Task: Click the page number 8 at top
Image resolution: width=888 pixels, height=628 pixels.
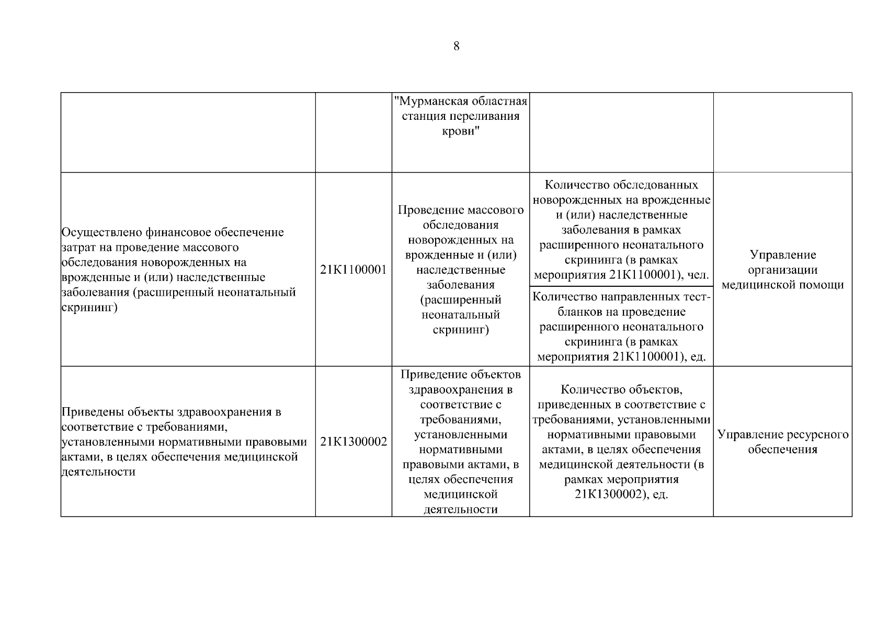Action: click(x=456, y=46)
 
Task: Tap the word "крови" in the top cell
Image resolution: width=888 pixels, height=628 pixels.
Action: click(x=460, y=131)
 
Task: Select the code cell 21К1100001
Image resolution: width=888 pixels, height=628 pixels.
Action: click(x=354, y=270)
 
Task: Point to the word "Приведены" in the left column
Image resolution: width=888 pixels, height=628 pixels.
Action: click(x=92, y=412)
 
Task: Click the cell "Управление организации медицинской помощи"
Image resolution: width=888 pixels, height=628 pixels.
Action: click(x=782, y=270)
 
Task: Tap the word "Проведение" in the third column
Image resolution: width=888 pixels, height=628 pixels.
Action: click(x=430, y=210)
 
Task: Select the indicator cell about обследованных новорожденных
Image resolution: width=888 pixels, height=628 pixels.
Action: click(x=621, y=230)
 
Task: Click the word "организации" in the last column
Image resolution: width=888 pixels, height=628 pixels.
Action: click(x=782, y=270)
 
